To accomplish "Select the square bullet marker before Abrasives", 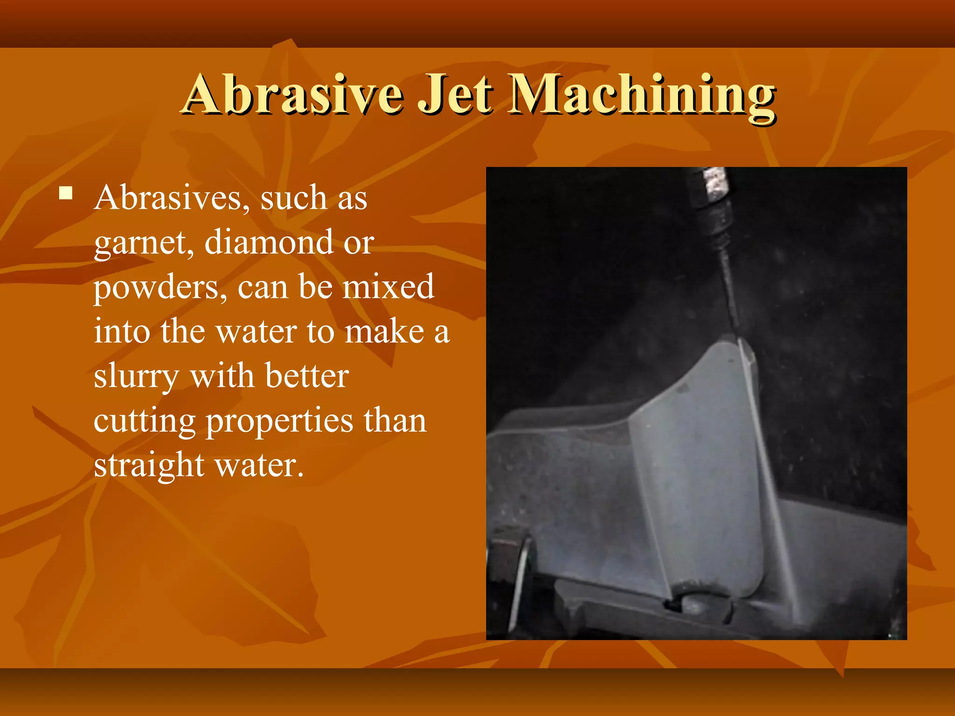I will pyautogui.click(x=66, y=193).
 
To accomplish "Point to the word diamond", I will pyautogui.click(x=269, y=242).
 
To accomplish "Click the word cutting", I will pyautogui.click(x=144, y=421).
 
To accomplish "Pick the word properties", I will pyautogui.click(x=279, y=421).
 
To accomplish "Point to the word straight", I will pyautogui.click(x=149, y=465).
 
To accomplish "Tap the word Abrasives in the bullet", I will pyautogui.click(x=168, y=199).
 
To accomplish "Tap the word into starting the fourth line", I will pyautogui.click(x=122, y=331).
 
